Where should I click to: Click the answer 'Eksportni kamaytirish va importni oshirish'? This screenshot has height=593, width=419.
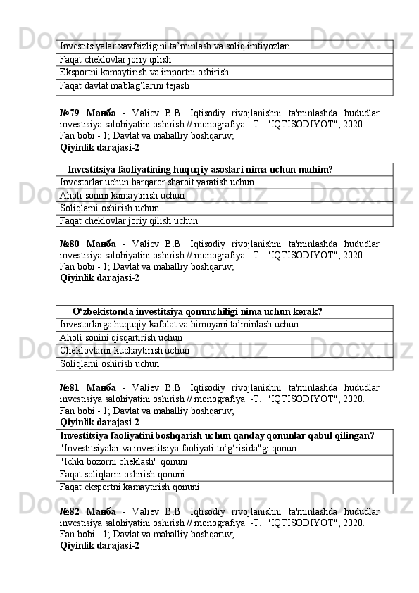(144, 73)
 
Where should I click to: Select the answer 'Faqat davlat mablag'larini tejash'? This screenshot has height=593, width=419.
(125, 86)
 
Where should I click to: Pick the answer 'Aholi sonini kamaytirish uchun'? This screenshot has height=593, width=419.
(123, 195)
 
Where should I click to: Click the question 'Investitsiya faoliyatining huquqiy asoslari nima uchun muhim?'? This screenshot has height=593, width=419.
(200, 170)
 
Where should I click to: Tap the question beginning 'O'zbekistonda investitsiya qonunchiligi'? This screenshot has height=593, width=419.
(197, 311)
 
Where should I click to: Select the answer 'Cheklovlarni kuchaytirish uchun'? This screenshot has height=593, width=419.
(125, 350)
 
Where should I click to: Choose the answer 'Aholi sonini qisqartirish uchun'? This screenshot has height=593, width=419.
(121, 337)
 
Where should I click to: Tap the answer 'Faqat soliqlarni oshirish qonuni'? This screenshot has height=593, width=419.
(125, 474)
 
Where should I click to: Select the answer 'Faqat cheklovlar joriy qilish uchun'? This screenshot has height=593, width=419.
(129, 220)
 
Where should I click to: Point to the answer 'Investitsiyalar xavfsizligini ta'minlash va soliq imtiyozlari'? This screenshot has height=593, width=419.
(175, 46)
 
